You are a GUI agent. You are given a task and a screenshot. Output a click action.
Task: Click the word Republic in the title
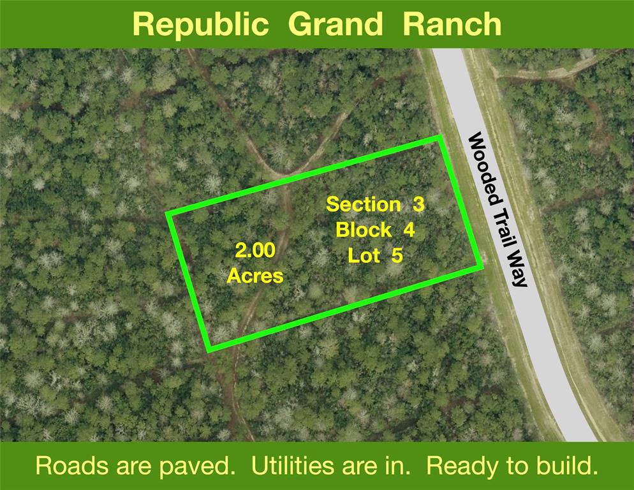click(200, 25)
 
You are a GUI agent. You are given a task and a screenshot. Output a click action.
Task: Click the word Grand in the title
click(335, 24)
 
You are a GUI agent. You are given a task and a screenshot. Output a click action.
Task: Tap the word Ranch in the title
click(452, 24)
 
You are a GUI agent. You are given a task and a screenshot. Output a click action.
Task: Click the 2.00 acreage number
click(255, 251)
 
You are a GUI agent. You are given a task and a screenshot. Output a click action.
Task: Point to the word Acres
click(255, 276)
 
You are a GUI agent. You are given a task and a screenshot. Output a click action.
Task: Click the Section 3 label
click(375, 204)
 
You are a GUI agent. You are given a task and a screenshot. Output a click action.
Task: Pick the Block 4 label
click(375, 230)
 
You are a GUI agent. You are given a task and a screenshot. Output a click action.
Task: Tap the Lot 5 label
click(375, 256)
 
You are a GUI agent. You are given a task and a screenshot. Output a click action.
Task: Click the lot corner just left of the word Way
click(481, 267)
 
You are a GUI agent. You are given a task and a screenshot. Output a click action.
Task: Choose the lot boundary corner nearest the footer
click(209, 350)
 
